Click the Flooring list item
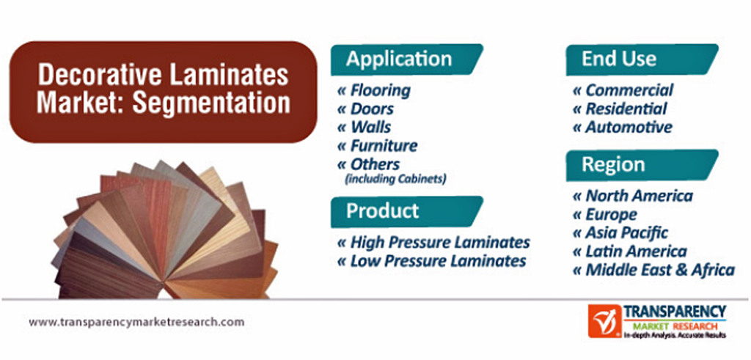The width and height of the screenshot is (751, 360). coord(373,90)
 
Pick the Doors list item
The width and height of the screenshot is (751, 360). coord(365,109)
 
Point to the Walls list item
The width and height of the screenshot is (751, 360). coord(364,127)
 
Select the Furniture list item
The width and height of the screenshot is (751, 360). coord(377,145)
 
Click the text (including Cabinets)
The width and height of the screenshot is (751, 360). coord(395,180)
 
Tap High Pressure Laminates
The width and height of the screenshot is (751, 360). coord(433,242)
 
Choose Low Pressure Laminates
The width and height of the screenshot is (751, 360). coord(431,261)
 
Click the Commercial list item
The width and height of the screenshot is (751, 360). coord(623,90)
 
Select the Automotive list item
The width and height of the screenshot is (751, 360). coord(622,127)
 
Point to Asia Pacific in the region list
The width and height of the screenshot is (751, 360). coord(620,232)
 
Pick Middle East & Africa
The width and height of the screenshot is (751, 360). coord(653,270)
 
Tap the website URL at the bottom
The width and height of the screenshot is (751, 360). coord(136,322)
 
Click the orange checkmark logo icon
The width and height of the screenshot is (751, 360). coord(604,320)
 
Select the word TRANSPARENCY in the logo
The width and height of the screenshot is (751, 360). coord(675,312)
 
